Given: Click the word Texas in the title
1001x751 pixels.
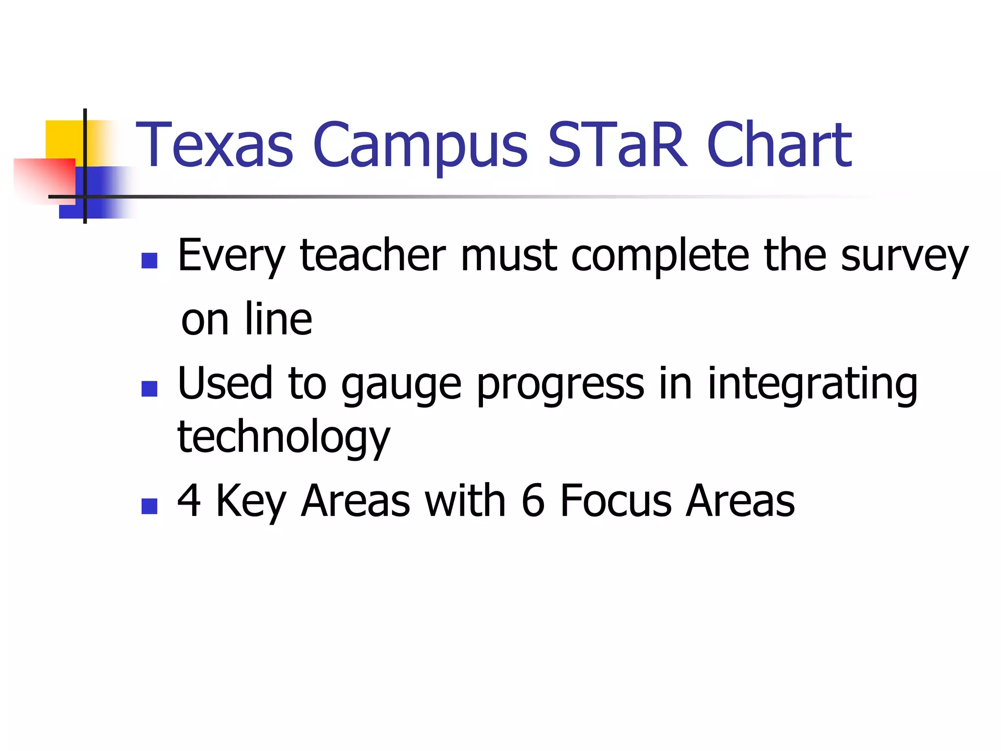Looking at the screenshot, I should point(215,145).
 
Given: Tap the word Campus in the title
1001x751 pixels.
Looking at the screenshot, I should point(420,145).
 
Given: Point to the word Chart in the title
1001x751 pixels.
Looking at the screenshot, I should point(779,145).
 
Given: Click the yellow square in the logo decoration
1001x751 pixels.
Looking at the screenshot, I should point(64,139).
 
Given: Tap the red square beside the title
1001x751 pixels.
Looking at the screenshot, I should point(44,178).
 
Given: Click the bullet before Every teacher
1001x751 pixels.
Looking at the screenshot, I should point(149,261).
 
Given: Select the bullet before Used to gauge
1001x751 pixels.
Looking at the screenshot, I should point(149,389).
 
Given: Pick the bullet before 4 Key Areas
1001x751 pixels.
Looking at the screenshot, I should point(149,506).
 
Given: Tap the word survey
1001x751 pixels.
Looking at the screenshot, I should point(904,256).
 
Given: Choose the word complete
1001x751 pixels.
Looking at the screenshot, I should point(660,256).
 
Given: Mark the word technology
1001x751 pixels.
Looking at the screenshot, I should point(283,437).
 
